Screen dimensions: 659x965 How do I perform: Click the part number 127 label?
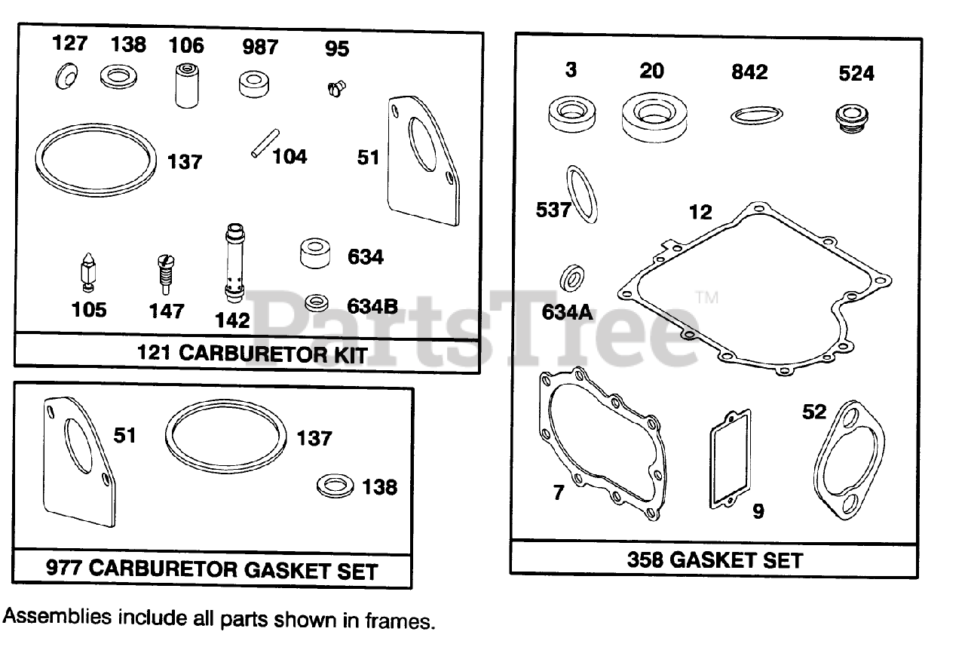[69, 43]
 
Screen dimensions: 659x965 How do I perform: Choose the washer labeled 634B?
[317, 303]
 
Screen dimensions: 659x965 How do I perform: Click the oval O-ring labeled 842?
[756, 115]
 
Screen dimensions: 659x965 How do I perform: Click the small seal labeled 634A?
[574, 278]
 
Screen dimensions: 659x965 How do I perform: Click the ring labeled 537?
[582, 195]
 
